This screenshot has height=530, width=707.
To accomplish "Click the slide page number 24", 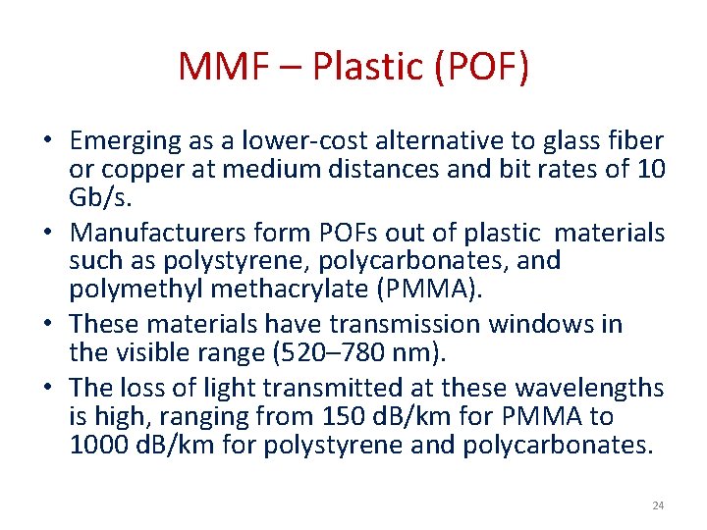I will click(x=658, y=505).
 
